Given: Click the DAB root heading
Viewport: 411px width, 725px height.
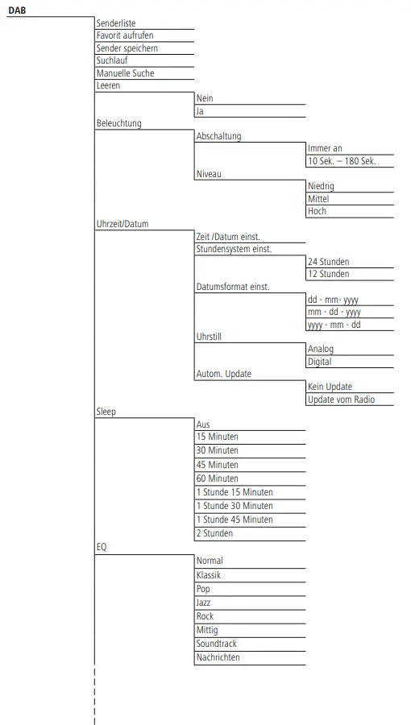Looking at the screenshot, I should coord(17,10).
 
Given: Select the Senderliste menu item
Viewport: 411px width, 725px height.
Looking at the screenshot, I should coord(116,23).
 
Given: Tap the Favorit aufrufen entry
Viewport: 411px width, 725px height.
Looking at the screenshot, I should coord(125,35).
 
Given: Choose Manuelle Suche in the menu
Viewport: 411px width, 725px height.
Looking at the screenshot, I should coord(125,73).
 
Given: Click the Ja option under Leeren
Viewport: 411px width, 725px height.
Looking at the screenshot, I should coord(200,111).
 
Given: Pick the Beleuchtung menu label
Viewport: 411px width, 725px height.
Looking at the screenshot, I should coord(118,123).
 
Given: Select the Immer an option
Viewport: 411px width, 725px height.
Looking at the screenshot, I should coord(326,148).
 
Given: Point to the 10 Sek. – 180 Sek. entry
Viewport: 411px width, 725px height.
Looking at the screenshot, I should coord(342,161).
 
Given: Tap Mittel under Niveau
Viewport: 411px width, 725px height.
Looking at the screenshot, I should coord(318,198).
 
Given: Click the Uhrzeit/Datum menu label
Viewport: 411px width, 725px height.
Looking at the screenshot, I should coord(122,224).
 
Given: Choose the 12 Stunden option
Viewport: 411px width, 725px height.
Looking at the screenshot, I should coord(329,274).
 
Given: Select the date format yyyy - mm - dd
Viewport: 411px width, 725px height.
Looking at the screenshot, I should coord(334,325).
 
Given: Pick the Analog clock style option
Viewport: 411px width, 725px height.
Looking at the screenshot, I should coord(321,350).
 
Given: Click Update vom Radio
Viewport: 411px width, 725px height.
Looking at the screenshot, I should coord(341,400).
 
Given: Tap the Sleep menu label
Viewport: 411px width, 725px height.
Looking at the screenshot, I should coord(106,412).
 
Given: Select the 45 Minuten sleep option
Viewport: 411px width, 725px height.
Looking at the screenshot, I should coord(218,465).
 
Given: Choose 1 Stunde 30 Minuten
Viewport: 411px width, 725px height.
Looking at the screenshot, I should coord(235,506).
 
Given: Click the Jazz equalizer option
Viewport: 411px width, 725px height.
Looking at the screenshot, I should coord(204,603).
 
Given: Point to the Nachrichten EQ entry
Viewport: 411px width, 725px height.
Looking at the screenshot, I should coord(218,657).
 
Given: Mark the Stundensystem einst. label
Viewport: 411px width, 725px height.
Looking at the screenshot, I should coord(234,249).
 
